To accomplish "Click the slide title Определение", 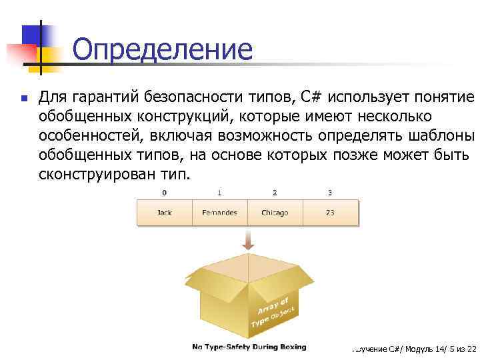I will [162, 50].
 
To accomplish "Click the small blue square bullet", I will [23, 99].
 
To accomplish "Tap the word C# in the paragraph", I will [311, 98].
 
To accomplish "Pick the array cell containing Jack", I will [164, 213].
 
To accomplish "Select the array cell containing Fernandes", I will [219, 213].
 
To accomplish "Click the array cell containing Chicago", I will [275, 213].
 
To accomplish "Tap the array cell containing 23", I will [330, 213].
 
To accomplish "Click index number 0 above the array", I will [164, 193].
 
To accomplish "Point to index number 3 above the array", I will [330, 193].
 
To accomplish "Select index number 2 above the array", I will [275, 193].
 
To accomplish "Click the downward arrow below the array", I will [247, 241].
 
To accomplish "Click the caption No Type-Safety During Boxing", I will [249, 347].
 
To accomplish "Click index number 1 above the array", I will [219, 193].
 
